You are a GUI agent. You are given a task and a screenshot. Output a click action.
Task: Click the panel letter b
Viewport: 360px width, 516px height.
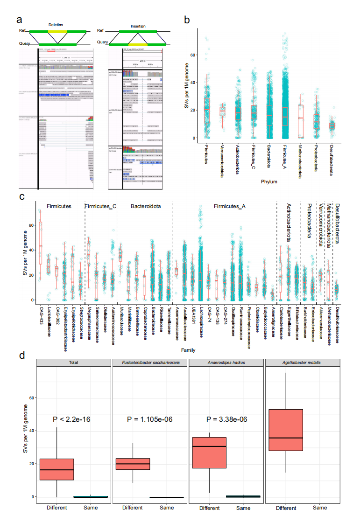coord(186,20)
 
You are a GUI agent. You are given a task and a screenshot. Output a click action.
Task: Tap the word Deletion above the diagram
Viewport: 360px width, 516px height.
coord(56,25)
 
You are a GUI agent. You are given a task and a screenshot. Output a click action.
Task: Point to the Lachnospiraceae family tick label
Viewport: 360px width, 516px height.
coord(201,322)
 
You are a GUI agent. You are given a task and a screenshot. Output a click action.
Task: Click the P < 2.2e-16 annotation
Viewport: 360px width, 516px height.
coord(72,419)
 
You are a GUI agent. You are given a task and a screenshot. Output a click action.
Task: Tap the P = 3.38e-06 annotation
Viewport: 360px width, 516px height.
coord(226,419)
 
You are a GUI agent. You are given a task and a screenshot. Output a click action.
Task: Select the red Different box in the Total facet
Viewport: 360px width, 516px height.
coord(56,469)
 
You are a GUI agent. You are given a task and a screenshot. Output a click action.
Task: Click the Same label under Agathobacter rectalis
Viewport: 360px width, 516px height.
coord(319,507)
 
